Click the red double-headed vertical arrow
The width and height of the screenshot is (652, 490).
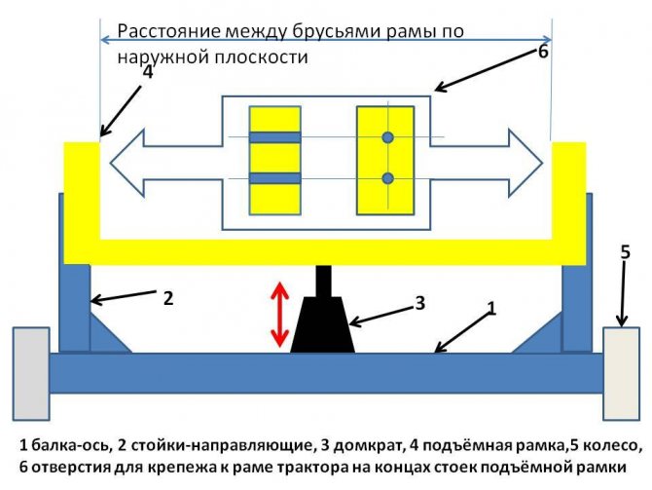point(279,314)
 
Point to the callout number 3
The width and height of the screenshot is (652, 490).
point(420,302)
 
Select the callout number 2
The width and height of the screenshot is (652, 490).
point(167,298)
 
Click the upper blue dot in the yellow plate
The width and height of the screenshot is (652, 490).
point(387,138)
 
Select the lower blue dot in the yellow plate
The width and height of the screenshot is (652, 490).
point(387,178)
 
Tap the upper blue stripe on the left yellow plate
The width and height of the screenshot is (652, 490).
point(274,137)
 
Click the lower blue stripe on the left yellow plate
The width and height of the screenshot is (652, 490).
point(274,178)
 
